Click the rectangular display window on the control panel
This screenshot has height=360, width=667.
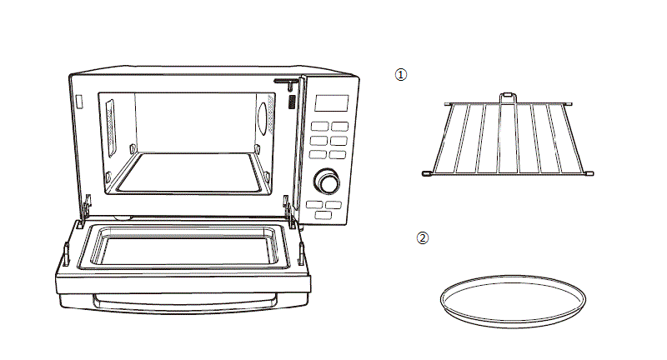(331, 103)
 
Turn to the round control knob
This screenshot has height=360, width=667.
(327, 182)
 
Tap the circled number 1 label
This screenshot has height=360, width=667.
(401, 74)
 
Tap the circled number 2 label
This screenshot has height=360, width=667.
(423, 237)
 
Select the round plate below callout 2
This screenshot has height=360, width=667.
(513, 298)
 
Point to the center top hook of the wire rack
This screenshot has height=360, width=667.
(506, 98)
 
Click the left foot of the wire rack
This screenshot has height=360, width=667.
(426, 173)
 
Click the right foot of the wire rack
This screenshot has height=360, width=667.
(589, 173)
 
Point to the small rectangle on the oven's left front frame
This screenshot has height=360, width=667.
(78, 102)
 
